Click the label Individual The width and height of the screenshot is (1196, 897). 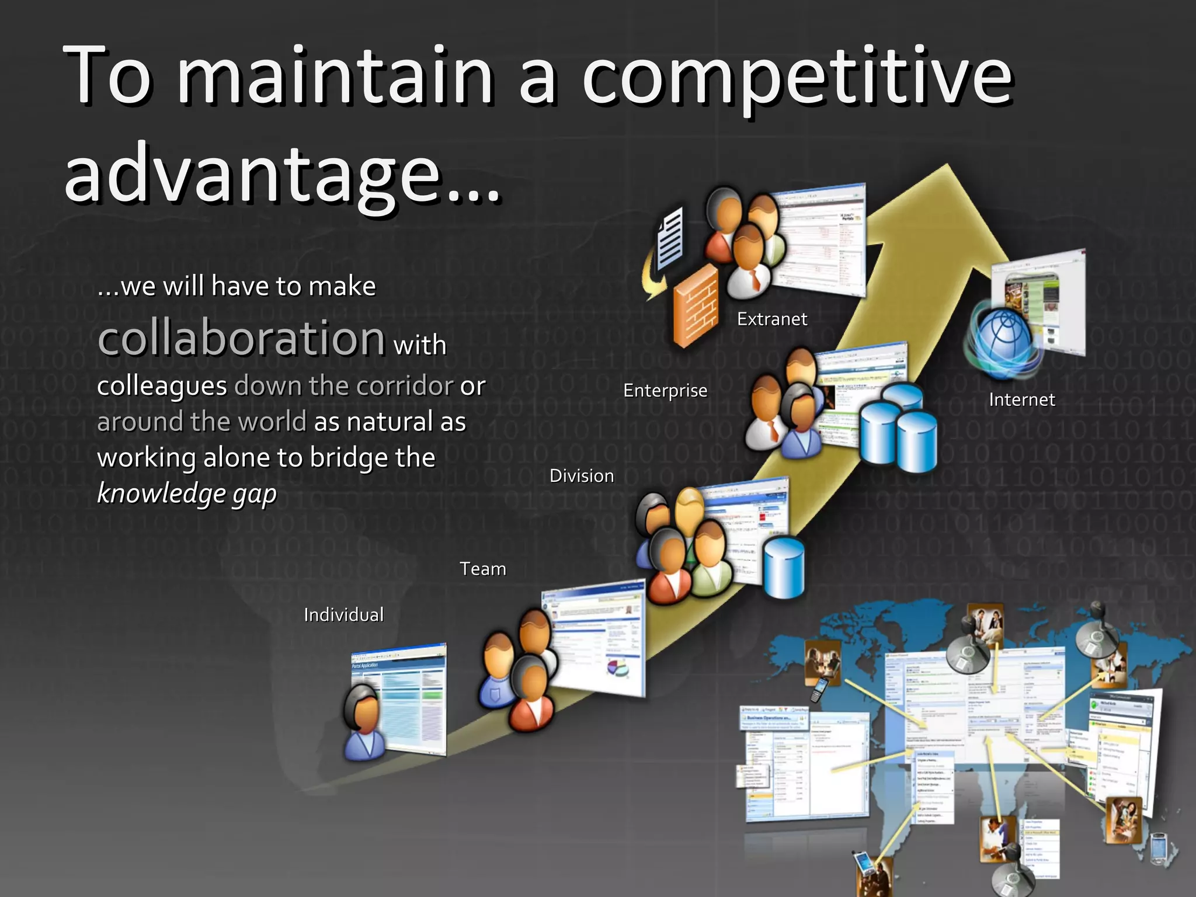[x=344, y=614]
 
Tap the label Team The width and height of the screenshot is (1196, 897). [x=482, y=569]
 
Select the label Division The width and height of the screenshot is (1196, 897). [x=582, y=476]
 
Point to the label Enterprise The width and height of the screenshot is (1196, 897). [x=665, y=390]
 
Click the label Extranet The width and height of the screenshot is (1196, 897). [x=772, y=319]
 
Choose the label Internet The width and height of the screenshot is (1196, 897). [x=1021, y=399]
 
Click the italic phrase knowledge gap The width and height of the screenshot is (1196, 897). [x=187, y=493]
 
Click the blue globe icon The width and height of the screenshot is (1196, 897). [x=1003, y=338]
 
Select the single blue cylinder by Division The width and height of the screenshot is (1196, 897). [x=784, y=567]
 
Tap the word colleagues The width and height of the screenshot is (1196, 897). [x=162, y=386]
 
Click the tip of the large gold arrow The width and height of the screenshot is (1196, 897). [x=947, y=168]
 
